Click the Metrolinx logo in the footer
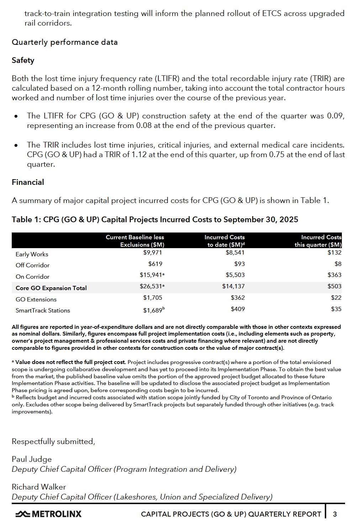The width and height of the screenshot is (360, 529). click(48, 514)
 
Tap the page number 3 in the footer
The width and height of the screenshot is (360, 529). click(334, 514)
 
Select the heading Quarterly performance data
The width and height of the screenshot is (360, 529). click(64, 42)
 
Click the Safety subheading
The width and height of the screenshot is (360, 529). click(23, 60)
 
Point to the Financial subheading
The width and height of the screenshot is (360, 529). click(28, 182)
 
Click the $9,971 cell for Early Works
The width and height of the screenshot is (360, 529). click(152, 252)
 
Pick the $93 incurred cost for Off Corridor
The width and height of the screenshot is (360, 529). click(239, 264)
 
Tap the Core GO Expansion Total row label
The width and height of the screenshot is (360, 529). click(51, 288)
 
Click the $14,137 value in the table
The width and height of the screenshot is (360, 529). click(233, 286)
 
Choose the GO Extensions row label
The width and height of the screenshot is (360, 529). click(36, 299)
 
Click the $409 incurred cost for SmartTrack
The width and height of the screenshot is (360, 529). click(238, 309)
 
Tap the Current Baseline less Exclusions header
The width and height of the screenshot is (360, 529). click(135, 241)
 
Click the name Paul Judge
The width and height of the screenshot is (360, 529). click(32, 459)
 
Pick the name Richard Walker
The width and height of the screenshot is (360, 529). click(39, 487)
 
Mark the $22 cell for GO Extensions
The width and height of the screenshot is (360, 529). click(336, 298)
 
